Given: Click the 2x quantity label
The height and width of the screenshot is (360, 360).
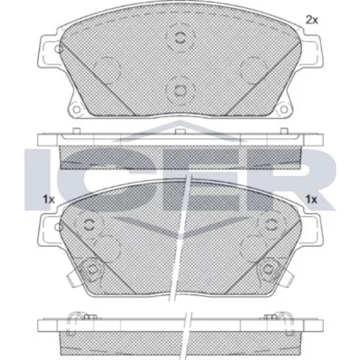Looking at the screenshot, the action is coord(312,20).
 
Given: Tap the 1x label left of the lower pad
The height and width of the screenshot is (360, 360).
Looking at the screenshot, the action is coord(49,199).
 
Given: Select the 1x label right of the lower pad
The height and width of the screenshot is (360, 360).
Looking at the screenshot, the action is coord(312,199).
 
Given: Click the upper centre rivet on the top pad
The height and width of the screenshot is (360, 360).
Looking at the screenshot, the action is coord(180,37).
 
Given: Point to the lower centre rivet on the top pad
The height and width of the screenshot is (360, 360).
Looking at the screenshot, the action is coord(180,91).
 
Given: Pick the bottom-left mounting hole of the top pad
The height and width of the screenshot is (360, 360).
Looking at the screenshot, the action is coord(76,109).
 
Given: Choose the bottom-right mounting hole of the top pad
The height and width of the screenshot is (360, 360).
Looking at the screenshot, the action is coord(284,109).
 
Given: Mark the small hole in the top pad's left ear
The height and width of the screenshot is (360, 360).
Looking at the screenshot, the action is coord(58,49).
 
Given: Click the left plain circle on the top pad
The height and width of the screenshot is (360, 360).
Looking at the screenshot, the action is coord(107,70).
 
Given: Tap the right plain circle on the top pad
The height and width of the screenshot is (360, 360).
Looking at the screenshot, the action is coord(253,70).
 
